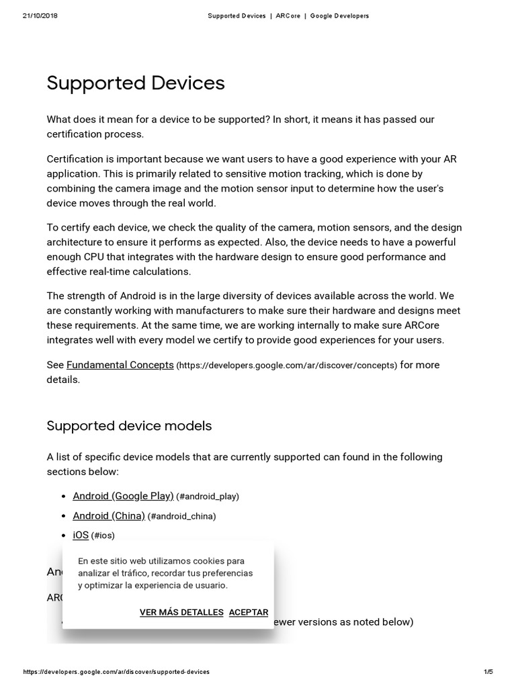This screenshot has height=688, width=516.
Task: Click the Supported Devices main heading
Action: (x=135, y=83)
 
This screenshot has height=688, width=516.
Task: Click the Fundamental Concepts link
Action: (x=120, y=365)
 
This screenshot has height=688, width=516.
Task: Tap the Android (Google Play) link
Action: (x=123, y=496)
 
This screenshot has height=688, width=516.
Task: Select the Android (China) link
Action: (x=109, y=516)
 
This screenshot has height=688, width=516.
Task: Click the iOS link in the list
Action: (x=81, y=535)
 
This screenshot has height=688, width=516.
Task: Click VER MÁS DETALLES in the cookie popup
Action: (x=181, y=612)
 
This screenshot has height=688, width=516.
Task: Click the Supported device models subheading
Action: (x=129, y=426)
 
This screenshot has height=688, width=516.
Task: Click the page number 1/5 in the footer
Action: (x=488, y=672)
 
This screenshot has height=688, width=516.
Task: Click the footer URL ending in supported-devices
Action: (x=116, y=672)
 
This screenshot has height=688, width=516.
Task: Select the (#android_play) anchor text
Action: (x=208, y=497)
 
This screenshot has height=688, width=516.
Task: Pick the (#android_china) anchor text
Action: (x=182, y=517)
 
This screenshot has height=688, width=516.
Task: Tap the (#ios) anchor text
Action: (x=103, y=535)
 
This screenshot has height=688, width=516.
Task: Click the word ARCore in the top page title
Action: (x=288, y=15)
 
